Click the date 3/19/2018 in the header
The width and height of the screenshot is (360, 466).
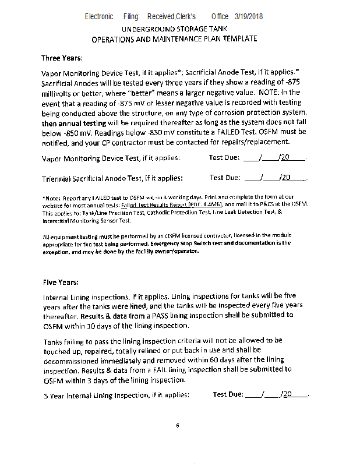point(249,16)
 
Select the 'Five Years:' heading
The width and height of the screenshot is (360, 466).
point(61,282)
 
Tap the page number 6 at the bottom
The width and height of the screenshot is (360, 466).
point(177,425)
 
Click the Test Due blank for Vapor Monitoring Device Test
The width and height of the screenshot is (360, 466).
point(274,158)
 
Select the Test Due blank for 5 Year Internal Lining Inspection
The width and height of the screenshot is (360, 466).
point(277,394)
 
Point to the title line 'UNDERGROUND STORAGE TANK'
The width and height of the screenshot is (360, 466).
point(174,29)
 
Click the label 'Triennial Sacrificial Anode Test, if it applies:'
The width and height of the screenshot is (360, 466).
point(112,178)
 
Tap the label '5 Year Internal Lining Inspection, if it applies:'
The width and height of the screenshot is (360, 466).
point(117,395)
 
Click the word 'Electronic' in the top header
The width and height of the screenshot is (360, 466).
point(99,16)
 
